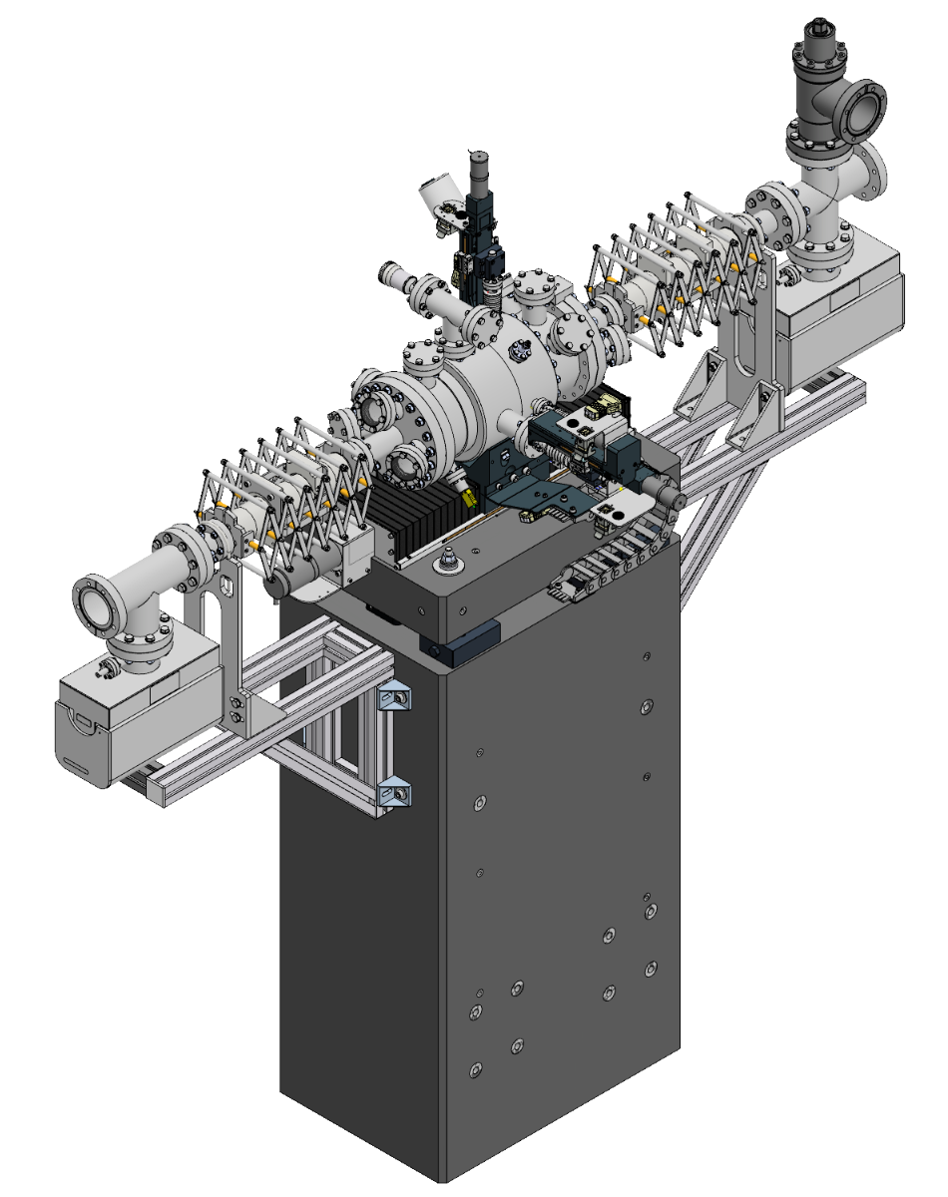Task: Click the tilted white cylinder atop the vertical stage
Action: click(x=436, y=196)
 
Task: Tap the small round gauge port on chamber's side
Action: click(x=519, y=352)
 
